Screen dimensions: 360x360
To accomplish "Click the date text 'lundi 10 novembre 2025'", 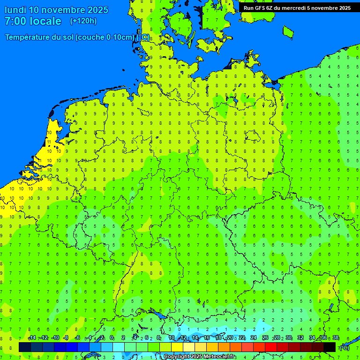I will (56, 10).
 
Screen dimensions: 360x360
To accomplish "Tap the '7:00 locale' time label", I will (33, 21).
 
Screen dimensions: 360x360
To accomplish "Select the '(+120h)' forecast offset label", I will (83, 21).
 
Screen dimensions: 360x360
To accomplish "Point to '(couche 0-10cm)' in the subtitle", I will (105, 37).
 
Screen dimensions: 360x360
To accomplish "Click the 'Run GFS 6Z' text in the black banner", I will (259, 8).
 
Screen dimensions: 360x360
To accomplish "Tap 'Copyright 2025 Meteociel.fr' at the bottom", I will (199, 357).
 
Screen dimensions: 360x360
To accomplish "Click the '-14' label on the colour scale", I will (32, 338).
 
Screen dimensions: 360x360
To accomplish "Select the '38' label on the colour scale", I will (336, 338).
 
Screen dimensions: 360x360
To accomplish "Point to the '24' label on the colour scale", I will (254, 338).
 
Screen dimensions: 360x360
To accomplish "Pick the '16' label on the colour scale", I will (207, 338).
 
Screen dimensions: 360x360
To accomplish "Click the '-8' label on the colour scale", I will (66, 338).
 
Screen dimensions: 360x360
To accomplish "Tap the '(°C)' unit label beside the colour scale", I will (345, 348).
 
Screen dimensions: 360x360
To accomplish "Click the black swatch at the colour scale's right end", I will (330, 347).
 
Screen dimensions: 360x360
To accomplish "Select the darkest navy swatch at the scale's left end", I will (25, 347).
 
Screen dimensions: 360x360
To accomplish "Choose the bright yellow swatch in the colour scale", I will (177, 347).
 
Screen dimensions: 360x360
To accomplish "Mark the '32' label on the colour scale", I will (300, 338).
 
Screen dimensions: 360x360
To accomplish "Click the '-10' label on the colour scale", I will (55, 338).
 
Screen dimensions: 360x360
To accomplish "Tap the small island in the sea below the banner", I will (288, 31).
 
